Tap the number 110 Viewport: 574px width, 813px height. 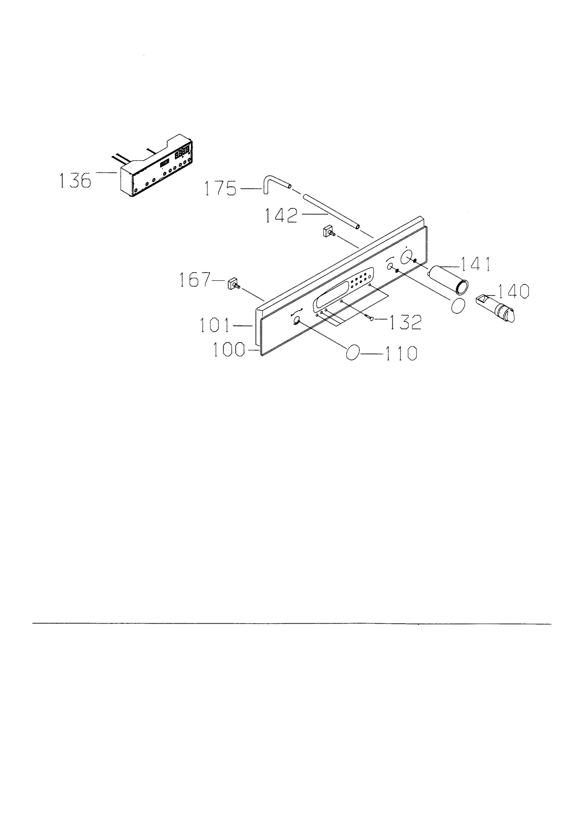coord(401,353)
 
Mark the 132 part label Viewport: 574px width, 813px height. coord(406,322)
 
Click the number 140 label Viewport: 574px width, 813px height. coord(513,291)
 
